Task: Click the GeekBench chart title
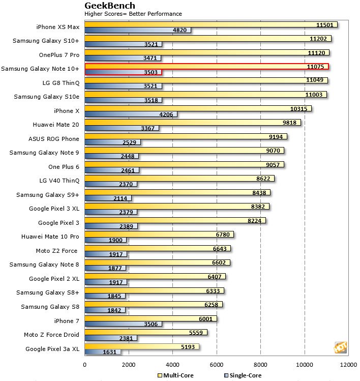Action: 110,6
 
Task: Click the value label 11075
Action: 315,67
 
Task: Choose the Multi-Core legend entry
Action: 176,375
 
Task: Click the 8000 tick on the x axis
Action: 260,364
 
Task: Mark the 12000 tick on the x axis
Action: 348,364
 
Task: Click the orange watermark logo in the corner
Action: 340,347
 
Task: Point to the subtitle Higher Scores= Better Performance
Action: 133,14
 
